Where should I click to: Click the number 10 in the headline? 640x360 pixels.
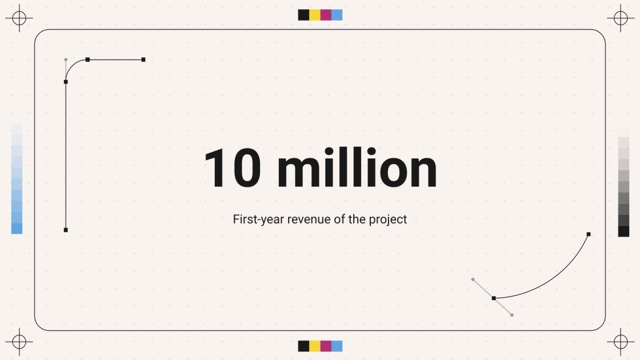tap(233, 168)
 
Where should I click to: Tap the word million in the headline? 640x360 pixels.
tap(357, 168)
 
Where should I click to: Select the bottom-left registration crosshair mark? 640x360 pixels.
tap(19, 342)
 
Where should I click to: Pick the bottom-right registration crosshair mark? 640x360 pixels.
tap(621, 342)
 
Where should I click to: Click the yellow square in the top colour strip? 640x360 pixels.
tap(315, 15)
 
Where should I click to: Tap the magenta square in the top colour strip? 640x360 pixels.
tap(326, 15)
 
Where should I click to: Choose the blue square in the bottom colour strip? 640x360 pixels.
tap(337, 346)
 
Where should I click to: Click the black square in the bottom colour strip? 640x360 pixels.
tap(303, 346)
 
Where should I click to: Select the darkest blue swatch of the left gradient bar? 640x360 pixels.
tap(17, 229)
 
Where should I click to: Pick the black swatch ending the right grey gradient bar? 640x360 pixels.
tap(623, 231)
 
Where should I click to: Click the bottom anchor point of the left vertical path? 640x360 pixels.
tap(66, 230)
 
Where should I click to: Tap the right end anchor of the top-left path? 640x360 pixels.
tap(143, 59)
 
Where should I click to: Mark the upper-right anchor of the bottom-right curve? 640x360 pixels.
tap(589, 234)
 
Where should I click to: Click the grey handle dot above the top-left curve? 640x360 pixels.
tap(66, 59)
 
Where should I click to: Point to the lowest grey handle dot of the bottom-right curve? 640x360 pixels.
tap(512, 315)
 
